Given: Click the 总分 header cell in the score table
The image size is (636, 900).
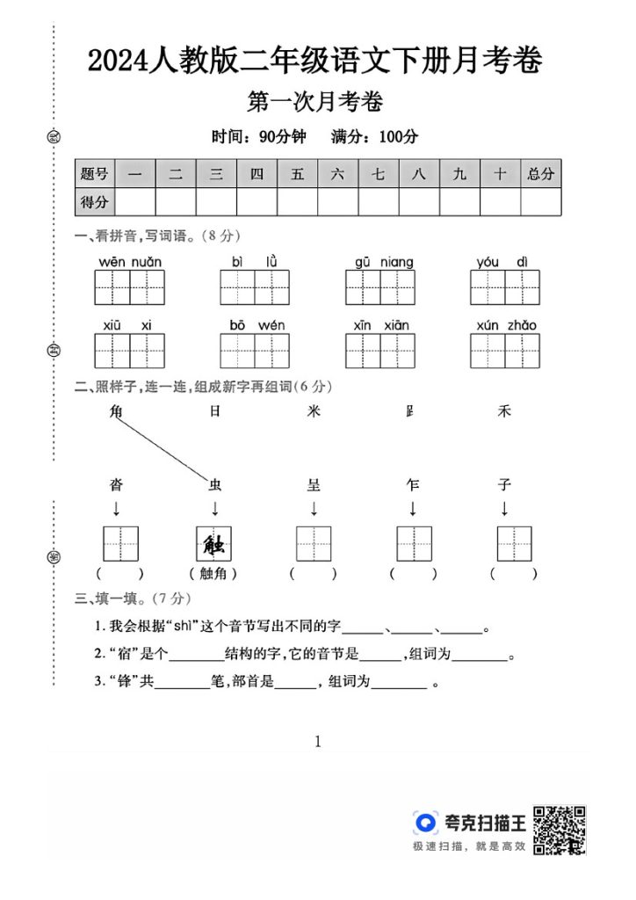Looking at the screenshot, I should click(541, 173).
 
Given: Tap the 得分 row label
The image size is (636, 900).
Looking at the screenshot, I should click(95, 202).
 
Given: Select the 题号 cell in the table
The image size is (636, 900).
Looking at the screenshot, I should click(95, 173).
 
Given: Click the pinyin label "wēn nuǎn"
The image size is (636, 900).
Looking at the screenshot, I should click(130, 262).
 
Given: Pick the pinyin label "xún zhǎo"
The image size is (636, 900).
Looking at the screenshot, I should click(506, 325).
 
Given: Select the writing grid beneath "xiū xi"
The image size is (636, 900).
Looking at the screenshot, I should click(130, 351).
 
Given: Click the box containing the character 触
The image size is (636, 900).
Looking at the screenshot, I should click(214, 543).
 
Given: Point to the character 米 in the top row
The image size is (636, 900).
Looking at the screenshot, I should click(314, 410).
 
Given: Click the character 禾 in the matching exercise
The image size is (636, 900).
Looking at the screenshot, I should click(504, 410).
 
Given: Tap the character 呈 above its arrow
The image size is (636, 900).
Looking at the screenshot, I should click(314, 484).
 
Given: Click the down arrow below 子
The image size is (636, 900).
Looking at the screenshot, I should click(504, 508).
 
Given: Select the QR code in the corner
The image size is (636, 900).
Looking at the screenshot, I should click(560, 828).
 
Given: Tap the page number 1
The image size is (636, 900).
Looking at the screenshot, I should click(318, 741).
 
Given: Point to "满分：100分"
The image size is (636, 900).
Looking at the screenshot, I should click(374, 136).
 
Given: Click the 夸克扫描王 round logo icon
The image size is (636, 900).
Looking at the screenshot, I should click(426, 823).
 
